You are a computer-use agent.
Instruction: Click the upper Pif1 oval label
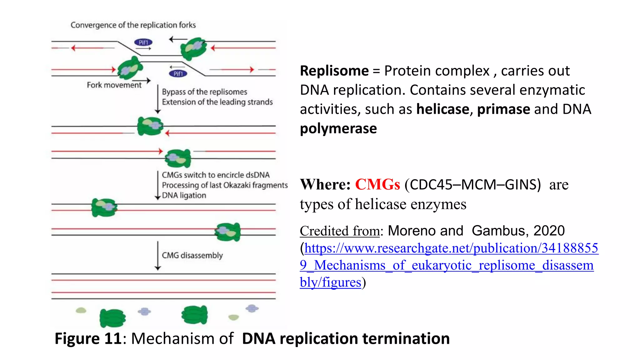pos(143,42)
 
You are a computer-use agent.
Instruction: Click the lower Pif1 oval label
pos(178,73)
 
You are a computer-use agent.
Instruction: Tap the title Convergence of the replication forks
pos(133,25)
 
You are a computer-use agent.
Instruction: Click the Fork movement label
pos(114,85)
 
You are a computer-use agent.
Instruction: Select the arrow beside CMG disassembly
pos(158,255)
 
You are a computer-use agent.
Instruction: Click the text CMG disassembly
pos(192,255)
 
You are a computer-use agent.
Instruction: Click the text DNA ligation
pos(184,195)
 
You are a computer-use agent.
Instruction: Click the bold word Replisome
pos(334,71)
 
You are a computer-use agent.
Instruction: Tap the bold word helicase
pos(442,109)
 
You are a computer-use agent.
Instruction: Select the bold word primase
pos(503,109)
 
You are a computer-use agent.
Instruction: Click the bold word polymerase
pos(338,128)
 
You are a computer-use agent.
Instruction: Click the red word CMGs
pos(377,184)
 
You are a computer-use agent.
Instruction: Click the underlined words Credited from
pos(340,231)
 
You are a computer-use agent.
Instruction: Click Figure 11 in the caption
pos(88,338)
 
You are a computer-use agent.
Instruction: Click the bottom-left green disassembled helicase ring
pos(112,318)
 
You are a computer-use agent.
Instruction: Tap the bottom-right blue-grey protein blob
pos(252,308)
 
